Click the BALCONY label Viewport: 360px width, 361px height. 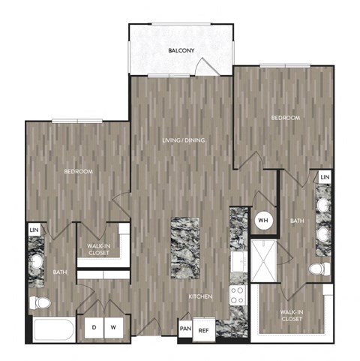[x=181, y=50]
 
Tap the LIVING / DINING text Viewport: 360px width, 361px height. [x=184, y=140]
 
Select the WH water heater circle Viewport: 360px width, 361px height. [x=263, y=221]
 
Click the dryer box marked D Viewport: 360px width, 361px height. [x=94, y=328]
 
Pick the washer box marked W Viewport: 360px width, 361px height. [x=114, y=328]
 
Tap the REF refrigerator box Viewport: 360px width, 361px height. [x=204, y=329]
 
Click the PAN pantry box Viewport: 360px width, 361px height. [x=185, y=329]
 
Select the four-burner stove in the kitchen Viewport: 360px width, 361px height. [x=238, y=295]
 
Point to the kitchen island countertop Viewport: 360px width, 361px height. [x=185, y=248]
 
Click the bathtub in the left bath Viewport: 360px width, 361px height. [x=54, y=329]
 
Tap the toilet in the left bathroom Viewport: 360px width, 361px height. [x=40, y=303]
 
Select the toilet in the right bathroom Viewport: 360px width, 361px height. [x=320, y=269]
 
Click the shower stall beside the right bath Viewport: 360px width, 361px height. [x=264, y=261]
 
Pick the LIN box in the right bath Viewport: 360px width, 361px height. [x=325, y=177]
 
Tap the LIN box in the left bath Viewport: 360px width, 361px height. [x=34, y=230]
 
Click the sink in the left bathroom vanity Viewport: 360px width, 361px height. [x=37, y=261]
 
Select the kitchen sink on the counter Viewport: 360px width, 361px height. [x=239, y=262]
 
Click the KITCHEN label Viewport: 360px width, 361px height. [x=200, y=296]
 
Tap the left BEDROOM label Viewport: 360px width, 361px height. [x=79, y=172]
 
